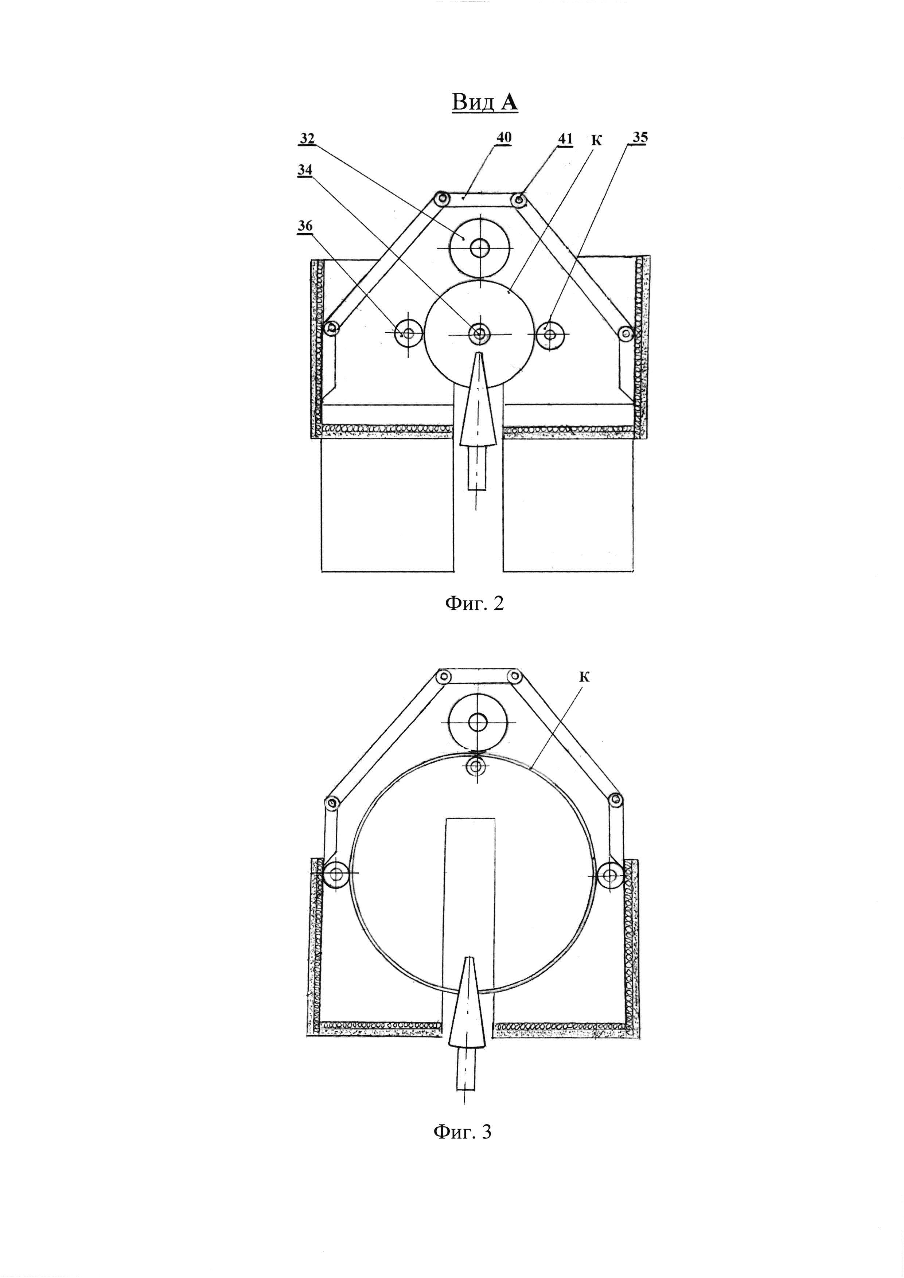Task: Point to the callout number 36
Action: click(305, 226)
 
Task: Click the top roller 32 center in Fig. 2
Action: click(478, 248)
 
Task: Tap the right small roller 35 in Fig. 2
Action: click(550, 334)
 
